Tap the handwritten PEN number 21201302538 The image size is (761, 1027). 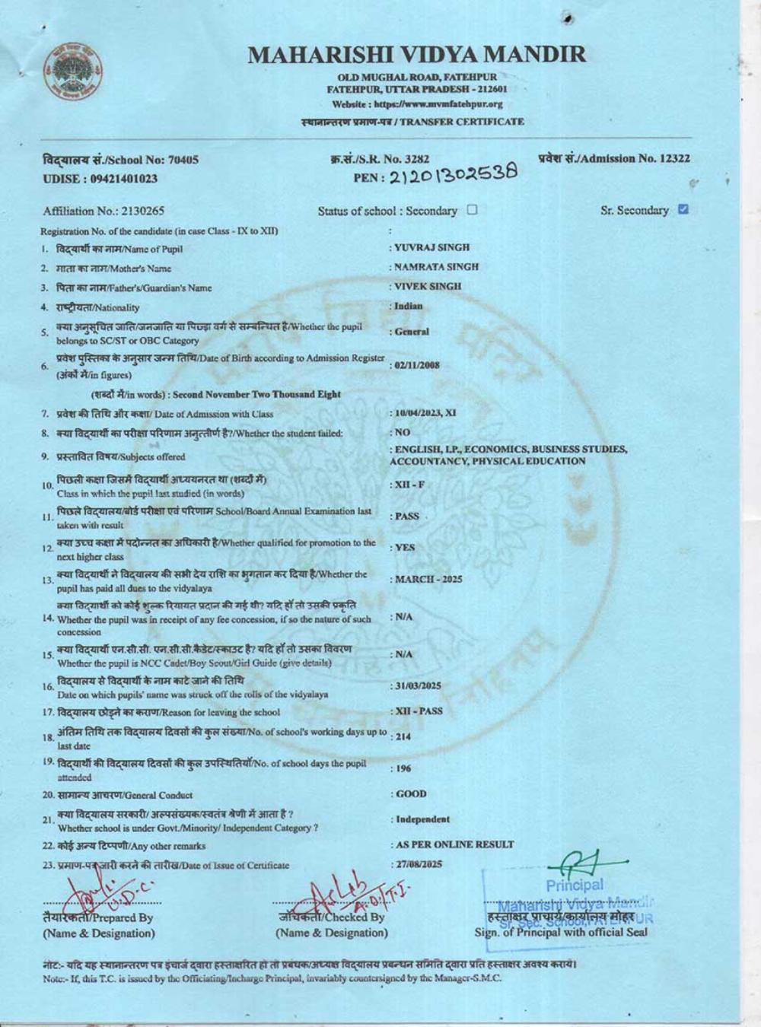(x=454, y=174)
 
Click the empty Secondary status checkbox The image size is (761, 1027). (x=472, y=210)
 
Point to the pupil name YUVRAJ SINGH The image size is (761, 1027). (x=432, y=248)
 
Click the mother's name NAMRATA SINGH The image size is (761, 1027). (x=437, y=267)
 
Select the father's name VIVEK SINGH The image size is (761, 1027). (x=428, y=287)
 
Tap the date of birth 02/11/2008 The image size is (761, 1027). (x=416, y=365)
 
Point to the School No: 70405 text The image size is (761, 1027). (x=121, y=160)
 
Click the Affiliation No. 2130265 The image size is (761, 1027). (x=103, y=211)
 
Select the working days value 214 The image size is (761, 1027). (x=403, y=737)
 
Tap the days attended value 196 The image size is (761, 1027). (x=403, y=769)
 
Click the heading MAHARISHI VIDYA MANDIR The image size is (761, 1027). (x=417, y=54)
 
